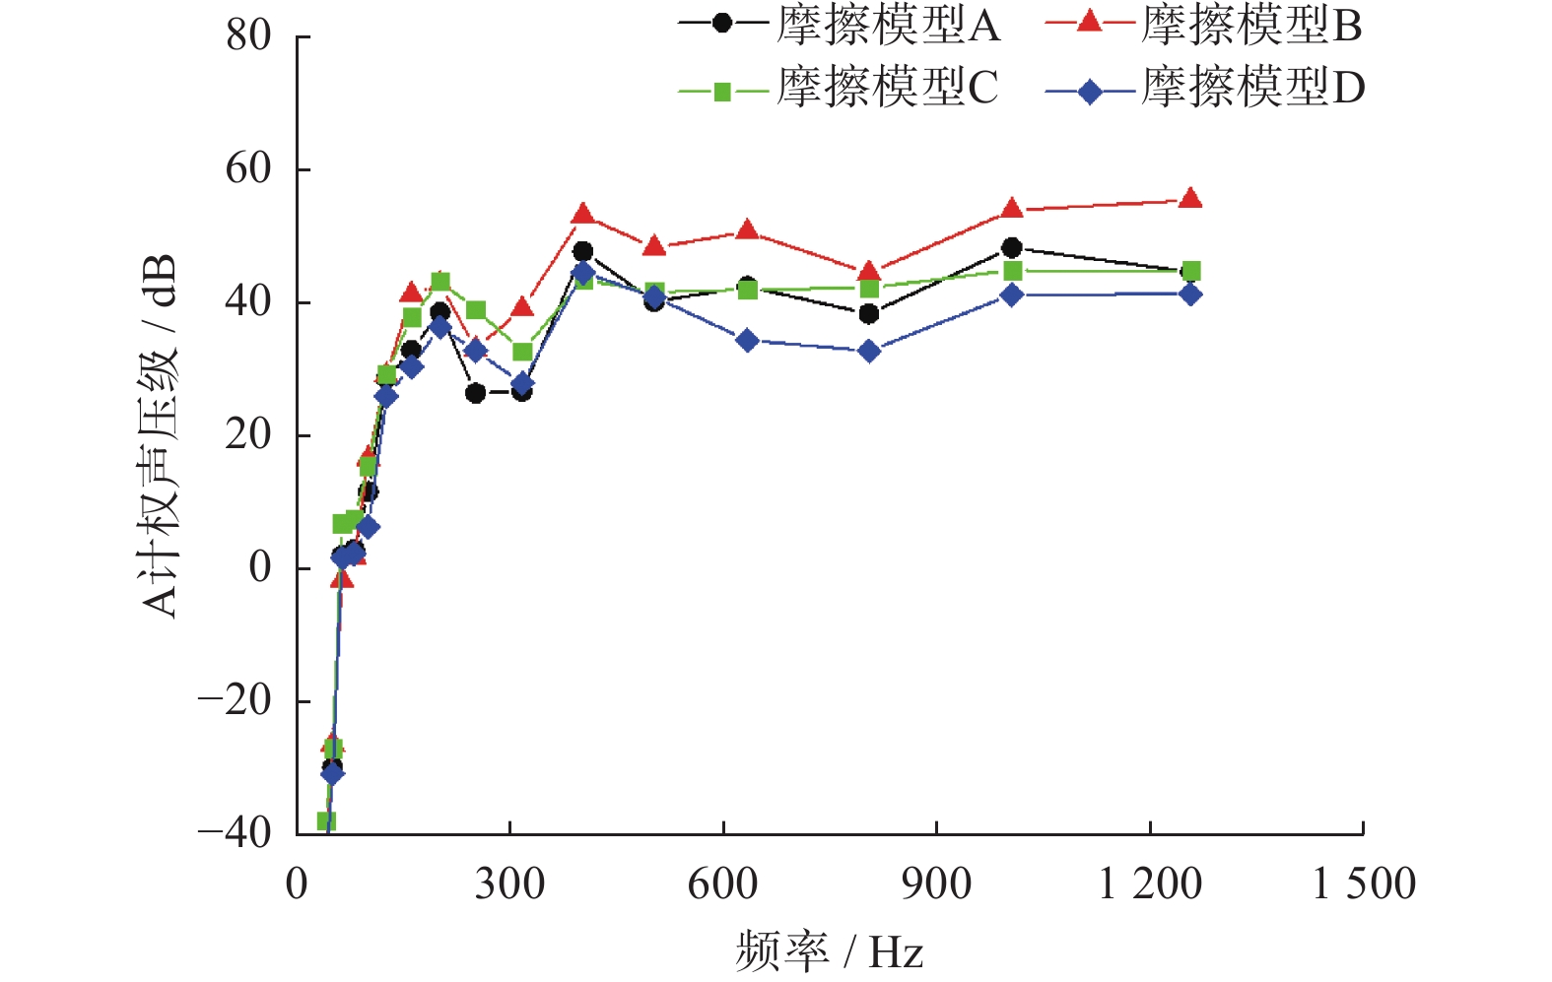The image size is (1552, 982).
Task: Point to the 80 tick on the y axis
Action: pos(248,36)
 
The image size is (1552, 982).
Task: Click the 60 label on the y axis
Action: pos(248,169)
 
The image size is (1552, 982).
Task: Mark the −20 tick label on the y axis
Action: pos(236,701)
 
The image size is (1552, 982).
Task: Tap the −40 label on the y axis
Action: pos(236,833)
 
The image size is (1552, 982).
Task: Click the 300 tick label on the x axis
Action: pos(509,884)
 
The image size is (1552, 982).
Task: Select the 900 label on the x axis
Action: pos(936,884)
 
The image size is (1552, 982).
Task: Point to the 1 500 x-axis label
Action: pos(1364,884)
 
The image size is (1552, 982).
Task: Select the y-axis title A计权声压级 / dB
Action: pos(160,435)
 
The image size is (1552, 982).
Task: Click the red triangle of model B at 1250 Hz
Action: pos(1190,198)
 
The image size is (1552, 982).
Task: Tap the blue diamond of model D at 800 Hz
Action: pos(869,351)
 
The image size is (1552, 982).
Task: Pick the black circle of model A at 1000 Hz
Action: pos(1012,247)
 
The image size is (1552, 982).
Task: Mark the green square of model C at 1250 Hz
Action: pos(1190,271)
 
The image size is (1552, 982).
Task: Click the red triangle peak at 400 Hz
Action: pos(582,214)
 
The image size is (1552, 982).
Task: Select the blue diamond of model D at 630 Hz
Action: pos(747,341)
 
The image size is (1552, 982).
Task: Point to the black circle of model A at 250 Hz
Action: pos(476,393)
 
